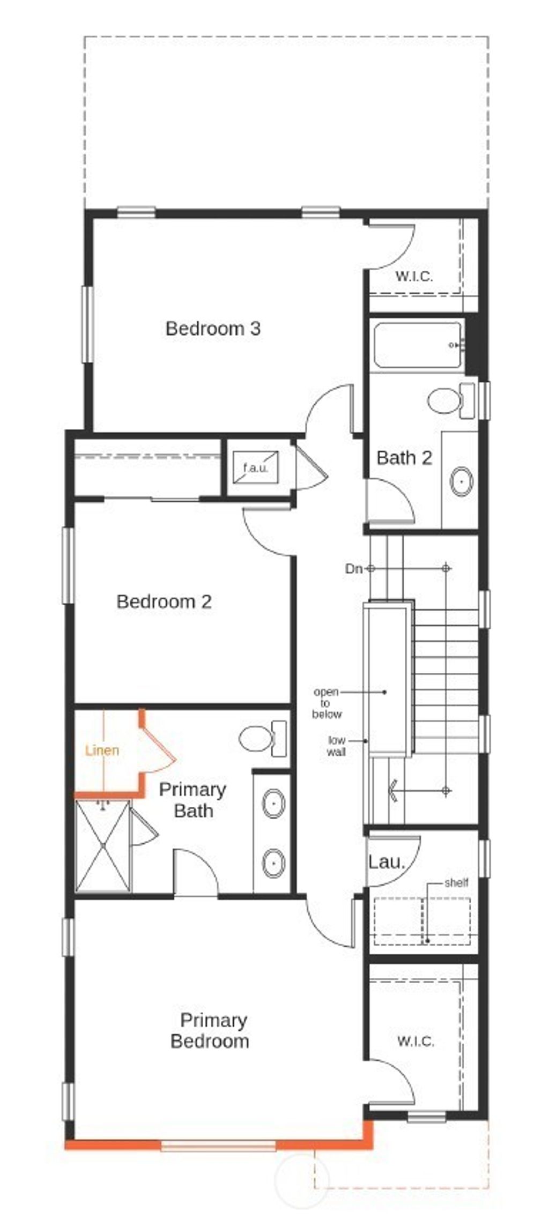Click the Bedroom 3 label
click(x=213, y=328)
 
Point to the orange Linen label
click(x=102, y=750)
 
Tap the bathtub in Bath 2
click(x=417, y=345)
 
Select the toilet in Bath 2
click(x=450, y=400)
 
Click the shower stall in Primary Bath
click(x=102, y=845)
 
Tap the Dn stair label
click(x=353, y=569)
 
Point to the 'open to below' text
click(x=327, y=703)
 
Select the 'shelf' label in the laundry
click(x=456, y=882)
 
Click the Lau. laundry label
click(x=386, y=862)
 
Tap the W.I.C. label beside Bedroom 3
click(x=414, y=277)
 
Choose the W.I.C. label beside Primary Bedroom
click(x=416, y=1041)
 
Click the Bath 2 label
click(x=404, y=458)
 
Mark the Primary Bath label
click(x=192, y=800)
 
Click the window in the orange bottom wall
click(x=218, y=1146)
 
